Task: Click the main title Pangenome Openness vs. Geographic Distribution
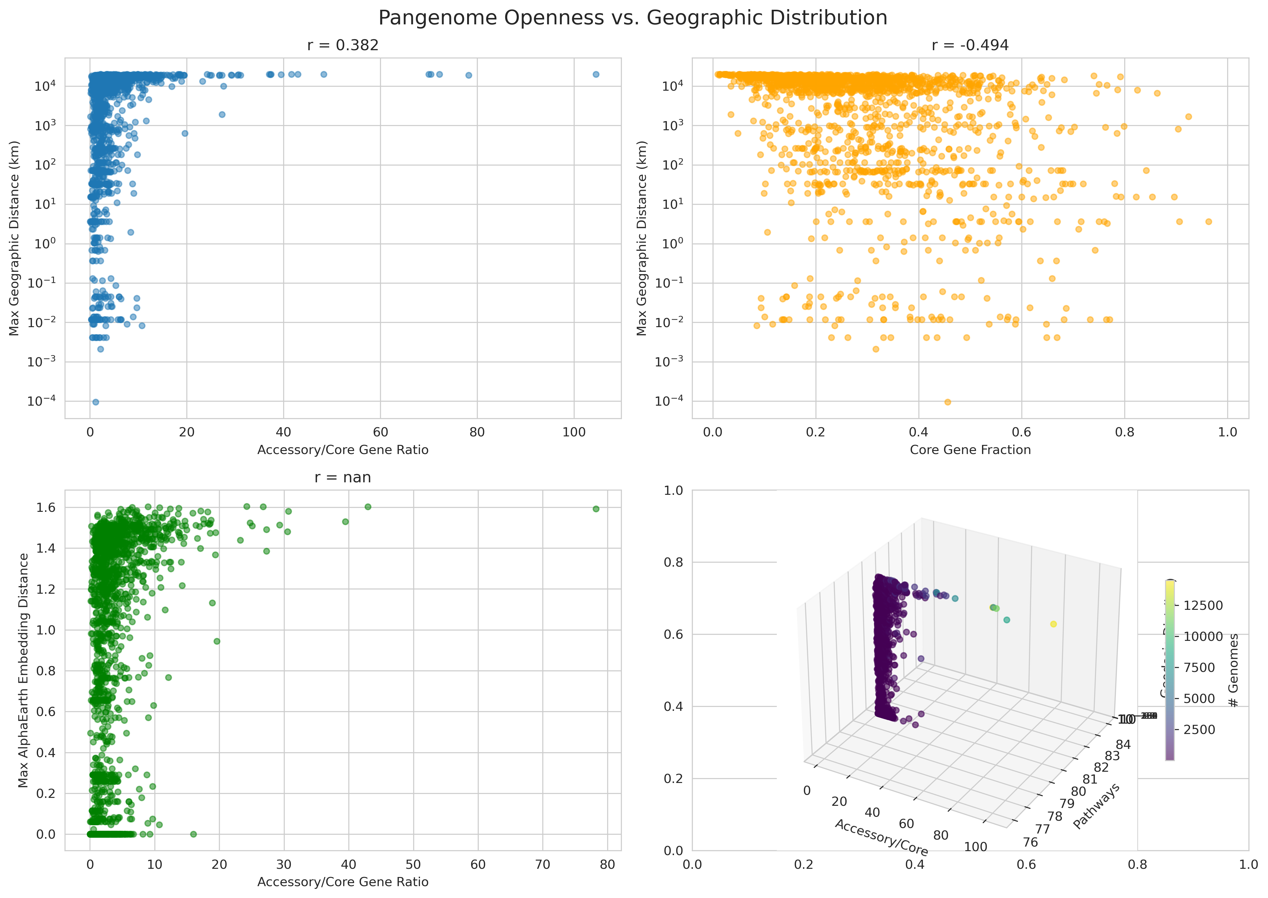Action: click(633, 18)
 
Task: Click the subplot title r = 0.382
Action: click(343, 45)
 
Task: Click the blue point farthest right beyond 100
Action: click(596, 74)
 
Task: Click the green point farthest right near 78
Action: click(596, 509)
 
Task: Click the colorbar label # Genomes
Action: click(1233, 670)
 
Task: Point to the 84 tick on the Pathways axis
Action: click(1123, 744)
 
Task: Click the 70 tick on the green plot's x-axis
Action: click(543, 864)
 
